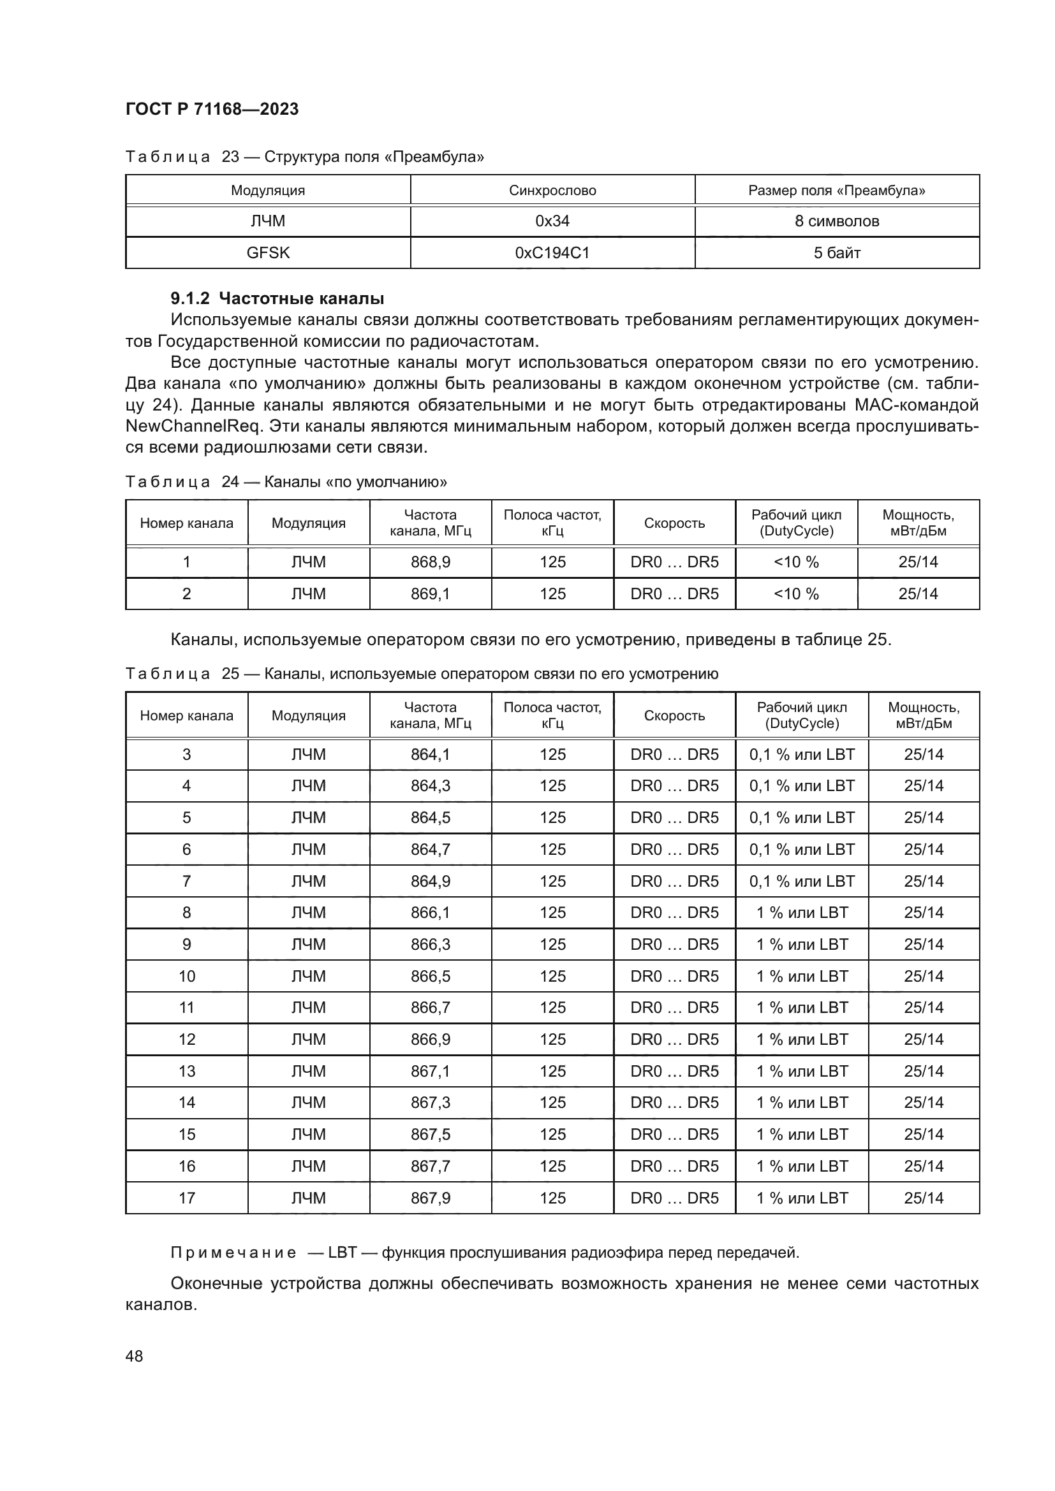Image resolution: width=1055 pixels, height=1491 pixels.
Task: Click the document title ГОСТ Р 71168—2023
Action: point(212,109)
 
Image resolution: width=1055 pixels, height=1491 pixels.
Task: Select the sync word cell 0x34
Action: point(552,221)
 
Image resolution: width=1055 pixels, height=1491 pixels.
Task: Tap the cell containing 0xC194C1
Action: point(552,252)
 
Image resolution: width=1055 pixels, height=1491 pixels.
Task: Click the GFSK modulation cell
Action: point(268,252)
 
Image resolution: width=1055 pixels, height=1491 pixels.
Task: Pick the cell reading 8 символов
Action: point(837,221)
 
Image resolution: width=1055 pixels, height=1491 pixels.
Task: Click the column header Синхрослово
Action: point(552,190)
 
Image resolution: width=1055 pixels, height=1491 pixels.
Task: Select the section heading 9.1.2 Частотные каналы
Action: point(277,299)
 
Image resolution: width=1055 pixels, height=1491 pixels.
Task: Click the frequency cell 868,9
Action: point(430,562)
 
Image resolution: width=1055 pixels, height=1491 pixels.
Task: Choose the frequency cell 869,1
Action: point(430,593)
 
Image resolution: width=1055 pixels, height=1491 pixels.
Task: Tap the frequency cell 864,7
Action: point(430,849)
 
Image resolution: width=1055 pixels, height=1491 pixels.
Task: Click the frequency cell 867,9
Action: point(430,1198)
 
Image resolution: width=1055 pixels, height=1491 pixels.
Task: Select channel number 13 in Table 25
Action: point(186,1072)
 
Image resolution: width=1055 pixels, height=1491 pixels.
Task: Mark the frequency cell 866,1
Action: point(430,912)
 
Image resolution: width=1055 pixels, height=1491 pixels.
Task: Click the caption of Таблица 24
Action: point(286,482)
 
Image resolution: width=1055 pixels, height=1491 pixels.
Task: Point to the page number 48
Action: point(134,1356)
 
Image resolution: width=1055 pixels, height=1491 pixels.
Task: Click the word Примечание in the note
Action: point(233,1253)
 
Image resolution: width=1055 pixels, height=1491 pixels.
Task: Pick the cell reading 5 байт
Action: point(837,252)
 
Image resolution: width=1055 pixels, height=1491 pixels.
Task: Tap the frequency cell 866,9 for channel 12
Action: point(430,1040)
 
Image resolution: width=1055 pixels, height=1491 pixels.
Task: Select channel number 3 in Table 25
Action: point(186,755)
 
